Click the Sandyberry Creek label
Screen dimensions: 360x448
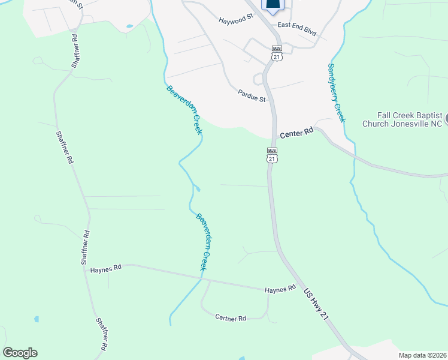pos(337,92)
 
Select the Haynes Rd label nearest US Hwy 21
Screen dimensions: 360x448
pos(281,289)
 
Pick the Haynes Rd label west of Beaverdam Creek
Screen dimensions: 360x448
pos(106,269)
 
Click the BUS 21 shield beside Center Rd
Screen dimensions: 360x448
pos(273,155)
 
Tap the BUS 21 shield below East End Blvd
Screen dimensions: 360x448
pos(276,52)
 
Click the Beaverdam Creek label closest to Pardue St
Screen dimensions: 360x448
pos(186,110)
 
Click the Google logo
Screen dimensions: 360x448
pos(20,353)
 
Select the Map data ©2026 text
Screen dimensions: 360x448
pos(422,355)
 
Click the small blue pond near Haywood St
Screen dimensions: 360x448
pos(129,26)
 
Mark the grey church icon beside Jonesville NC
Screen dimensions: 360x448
pos(446,119)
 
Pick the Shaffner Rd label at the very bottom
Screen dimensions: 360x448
pos(101,334)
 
